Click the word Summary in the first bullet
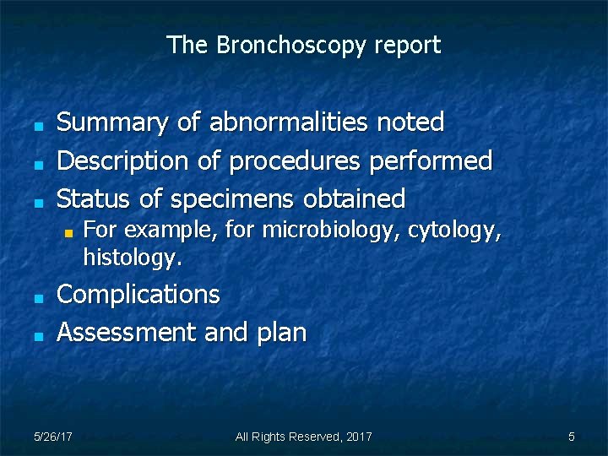click(x=112, y=123)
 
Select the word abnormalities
click(x=288, y=123)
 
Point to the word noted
click(x=410, y=123)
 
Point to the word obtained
click(x=354, y=199)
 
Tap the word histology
click(x=132, y=258)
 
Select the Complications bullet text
click(x=138, y=296)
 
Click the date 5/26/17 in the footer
click(x=53, y=437)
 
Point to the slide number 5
click(x=572, y=437)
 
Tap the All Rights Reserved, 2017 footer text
click(x=303, y=437)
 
